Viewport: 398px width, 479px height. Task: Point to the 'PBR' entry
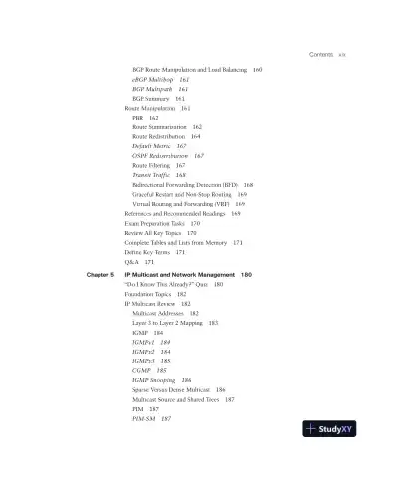click(x=137, y=118)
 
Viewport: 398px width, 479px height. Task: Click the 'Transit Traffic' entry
click(x=151, y=175)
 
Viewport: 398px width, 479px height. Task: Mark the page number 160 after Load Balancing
click(x=258, y=69)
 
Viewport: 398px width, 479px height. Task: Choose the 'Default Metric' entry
click(x=152, y=146)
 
